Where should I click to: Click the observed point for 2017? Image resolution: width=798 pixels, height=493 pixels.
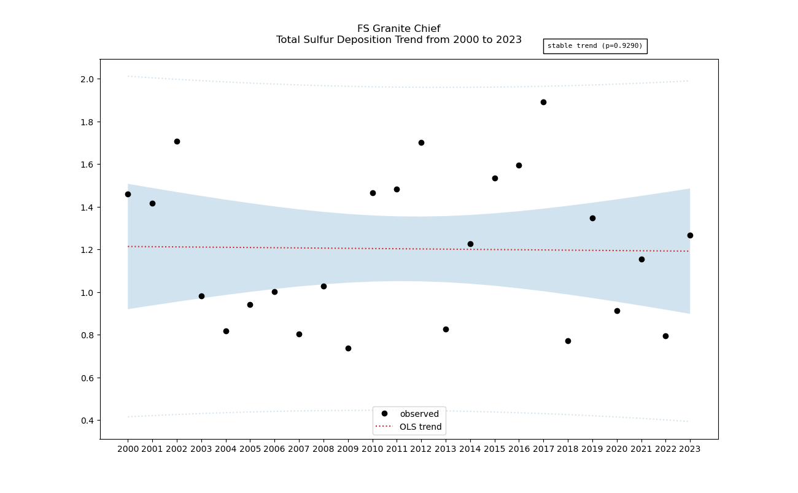point(543,102)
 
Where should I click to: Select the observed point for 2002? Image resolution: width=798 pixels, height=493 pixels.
point(177,141)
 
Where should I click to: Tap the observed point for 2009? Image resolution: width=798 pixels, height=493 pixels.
point(348,348)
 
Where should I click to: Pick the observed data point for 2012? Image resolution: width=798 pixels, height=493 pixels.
point(421,142)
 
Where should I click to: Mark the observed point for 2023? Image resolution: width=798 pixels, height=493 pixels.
point(690,235)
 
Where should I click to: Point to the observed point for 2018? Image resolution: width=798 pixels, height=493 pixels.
point(568,341)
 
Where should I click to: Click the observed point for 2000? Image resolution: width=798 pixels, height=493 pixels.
point(128,194)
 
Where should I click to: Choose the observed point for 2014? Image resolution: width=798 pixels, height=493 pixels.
point(470,244)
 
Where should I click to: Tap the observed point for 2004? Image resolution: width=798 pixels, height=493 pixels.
point(226,331)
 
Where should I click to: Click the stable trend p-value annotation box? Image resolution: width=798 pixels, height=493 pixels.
point(595,46)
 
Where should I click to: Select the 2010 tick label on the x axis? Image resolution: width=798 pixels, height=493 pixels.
point(373,449)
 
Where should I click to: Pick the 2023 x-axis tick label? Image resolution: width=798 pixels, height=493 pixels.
point(690,449)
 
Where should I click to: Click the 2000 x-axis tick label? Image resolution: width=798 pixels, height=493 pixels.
point(128,449)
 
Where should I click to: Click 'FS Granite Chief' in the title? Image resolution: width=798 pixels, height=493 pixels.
point(398,29)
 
